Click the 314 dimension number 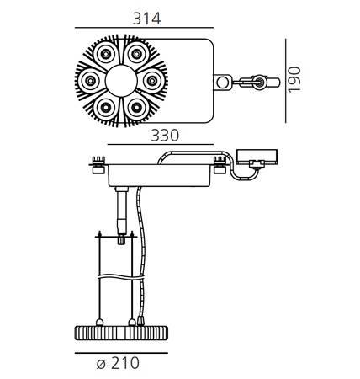point(146,19)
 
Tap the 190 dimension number point(294,79)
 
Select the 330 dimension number point(165,136)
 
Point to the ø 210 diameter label point(118,363)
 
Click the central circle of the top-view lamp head point(121,81)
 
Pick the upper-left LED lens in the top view point(105,54)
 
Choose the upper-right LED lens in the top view point(136,54)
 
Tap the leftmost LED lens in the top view point(90,81)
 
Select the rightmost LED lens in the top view point(152,81)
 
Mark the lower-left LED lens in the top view point(105,107)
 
